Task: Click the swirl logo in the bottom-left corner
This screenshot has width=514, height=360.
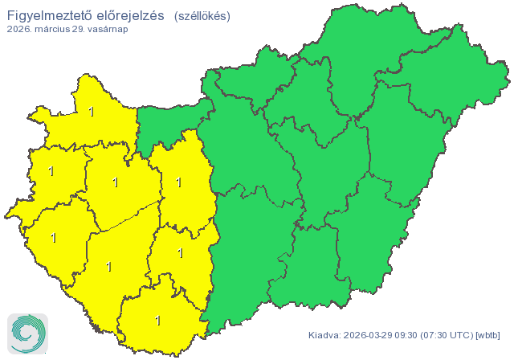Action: (x=27, y=332)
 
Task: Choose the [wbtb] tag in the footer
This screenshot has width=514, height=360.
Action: (x=488, y=335)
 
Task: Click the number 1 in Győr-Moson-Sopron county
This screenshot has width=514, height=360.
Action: (x=92, y=112)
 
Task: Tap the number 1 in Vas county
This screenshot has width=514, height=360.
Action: (x=51, y=171)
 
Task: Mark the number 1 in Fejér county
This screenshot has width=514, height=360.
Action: (x=178, y=182)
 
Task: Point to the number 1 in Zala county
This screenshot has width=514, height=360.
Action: (x=54, y=238)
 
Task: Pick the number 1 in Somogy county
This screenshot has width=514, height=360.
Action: (x=109, y=266)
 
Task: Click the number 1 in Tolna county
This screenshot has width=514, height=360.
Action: (x=180, y=253)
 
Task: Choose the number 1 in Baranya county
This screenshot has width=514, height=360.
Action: (x=157, y=321)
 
